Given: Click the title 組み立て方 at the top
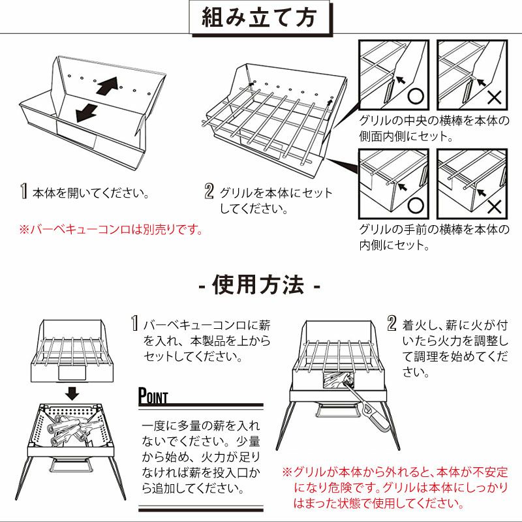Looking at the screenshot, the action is pos(258,18).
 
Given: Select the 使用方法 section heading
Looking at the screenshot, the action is pos(258,285).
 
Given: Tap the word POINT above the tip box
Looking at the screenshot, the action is pos(153,396).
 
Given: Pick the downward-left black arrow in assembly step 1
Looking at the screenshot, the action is pos(87,113).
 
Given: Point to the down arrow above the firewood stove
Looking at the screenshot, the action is pos(72,393).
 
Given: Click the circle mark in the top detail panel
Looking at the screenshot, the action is pos(416,97).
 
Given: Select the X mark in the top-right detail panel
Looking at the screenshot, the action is pos(495,97).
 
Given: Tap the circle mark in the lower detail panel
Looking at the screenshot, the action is pos(416,206).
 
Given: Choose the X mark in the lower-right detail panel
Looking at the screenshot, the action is pos(495,207).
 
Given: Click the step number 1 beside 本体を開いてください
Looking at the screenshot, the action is pos(23,191).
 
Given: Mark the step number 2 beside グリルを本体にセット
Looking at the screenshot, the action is pos(209,191).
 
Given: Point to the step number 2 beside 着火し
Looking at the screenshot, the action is pos(392,323).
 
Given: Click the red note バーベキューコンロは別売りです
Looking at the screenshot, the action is pos(111,230).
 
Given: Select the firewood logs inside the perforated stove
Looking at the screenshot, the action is pos(72,430).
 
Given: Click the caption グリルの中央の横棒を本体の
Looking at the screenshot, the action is pos(434,121).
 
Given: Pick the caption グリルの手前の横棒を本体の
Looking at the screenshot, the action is pos(434,230).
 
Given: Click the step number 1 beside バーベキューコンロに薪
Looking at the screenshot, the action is pos(134,323).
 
